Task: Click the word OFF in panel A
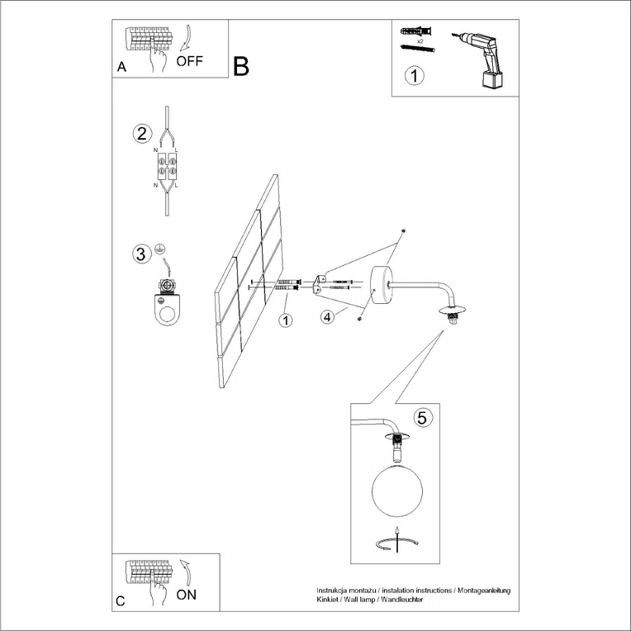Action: tap(189, 61)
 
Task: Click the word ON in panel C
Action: tap(187, 594)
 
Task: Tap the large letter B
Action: tap(241, 66)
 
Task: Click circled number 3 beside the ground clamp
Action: tap(142, 254)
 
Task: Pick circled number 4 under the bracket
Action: tap(329, 316)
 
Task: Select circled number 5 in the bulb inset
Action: tap(421, 418)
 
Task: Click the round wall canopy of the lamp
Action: tap(382, 284)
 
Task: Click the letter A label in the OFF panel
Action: tap(121, 69)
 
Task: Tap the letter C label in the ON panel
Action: tap(121, 601)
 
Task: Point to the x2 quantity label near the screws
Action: tap(420, 40)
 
